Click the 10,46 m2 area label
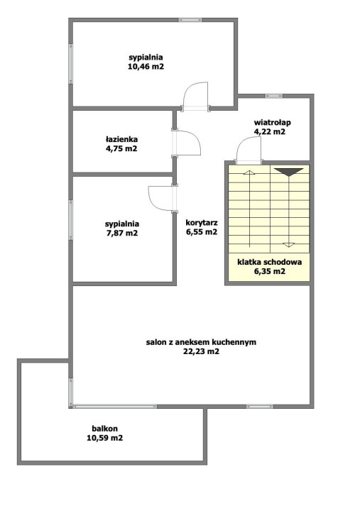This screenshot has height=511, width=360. pos(146,67)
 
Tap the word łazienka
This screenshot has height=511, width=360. pos(121,140)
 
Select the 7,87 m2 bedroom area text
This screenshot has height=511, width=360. pos(122,233)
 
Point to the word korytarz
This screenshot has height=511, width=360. pos(202,223)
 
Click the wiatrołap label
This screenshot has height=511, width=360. pos(272,123)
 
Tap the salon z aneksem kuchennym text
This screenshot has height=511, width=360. pos(201,342)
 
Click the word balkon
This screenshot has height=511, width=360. pos(104,429)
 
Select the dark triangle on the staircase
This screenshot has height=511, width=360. pos(288,172)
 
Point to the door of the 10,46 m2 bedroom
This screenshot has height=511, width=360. pos(196,96)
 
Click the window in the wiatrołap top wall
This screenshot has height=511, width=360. pos(273,96)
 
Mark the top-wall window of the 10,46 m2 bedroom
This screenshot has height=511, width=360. pos(190,20)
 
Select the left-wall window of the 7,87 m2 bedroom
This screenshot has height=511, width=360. pos(70,219)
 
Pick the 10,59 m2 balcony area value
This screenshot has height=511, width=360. pos(104,438)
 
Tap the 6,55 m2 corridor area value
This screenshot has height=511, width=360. pos(202,232)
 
